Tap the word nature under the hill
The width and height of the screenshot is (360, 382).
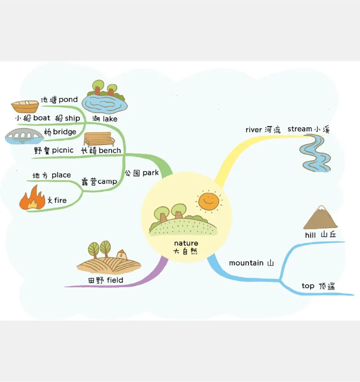(186, 243)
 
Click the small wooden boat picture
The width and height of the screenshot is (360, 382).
(25, 107)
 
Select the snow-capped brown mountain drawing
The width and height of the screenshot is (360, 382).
(320, 218)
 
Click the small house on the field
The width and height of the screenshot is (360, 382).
(121, 254)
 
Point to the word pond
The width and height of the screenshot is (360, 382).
(68, 99)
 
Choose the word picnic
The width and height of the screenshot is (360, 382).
(63, 150)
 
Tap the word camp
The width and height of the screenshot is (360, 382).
(107, 182)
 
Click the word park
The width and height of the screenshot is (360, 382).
(151, 173)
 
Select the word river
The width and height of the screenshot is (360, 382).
(253, 130)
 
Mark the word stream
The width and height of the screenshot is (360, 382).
(300, 129)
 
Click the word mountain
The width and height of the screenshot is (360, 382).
(246, 263)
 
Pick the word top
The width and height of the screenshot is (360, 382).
(308, 286)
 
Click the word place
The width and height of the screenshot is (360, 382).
(61, 175)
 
